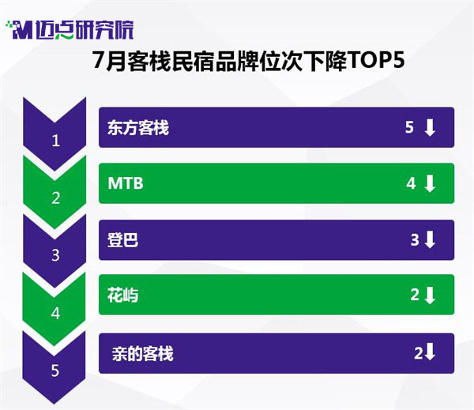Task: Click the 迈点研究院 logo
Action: click(x=70, y=30)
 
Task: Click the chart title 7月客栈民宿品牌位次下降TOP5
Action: click(x=248, y=61)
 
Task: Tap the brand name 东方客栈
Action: click(x=138, y=127)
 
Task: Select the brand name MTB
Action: click(x=126, y=183)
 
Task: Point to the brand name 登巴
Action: click(x=123, y=240)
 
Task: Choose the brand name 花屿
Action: click(x=123, y=295)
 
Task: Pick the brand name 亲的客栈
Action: click(x=142, y=353)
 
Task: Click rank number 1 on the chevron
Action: click(x=55, y=141)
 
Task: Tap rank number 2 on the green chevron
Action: click(x=55, y=198)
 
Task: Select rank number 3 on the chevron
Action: click(x=55, y=255)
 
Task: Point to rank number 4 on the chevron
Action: click(x=55, y=314)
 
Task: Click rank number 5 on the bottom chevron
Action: click(x=55, y=371)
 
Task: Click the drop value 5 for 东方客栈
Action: click(x=409, y=127)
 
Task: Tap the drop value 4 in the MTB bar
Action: click(x=411, y=183)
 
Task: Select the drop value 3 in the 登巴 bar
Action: click(x=415, y=240)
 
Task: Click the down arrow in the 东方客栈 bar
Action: click(x=430, y=127)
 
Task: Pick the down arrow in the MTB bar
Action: click(x=430, y=183)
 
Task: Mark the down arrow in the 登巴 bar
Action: click(x=430, y=240)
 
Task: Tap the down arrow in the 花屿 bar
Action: click(x=430, y=295)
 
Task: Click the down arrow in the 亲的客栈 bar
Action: click(x=430, y=352)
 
